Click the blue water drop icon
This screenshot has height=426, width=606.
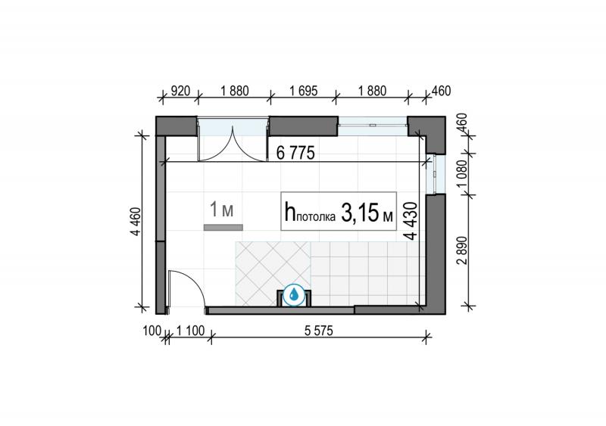coord(294,295)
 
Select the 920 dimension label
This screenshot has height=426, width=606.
coord(180,91)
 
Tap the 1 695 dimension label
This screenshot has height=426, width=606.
coord(304,91)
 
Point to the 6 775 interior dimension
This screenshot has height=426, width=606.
coord(295,153)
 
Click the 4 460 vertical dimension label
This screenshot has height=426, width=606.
coord(136,222)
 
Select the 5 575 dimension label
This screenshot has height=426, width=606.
coord(318,331)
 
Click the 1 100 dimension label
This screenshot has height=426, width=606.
coord(190,331)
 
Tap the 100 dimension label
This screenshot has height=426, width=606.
coord(152,331)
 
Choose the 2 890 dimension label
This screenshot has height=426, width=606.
coord(462,250)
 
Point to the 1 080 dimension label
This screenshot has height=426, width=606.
coord(462,173)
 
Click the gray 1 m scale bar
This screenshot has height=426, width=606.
coord(223,228)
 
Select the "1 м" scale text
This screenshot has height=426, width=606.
coord(221,210)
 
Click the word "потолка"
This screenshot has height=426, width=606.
coord(316,217)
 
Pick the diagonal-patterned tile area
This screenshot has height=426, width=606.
coord(273,273)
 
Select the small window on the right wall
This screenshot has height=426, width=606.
coord(436,173)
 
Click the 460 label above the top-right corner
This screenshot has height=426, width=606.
coord(441,91)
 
